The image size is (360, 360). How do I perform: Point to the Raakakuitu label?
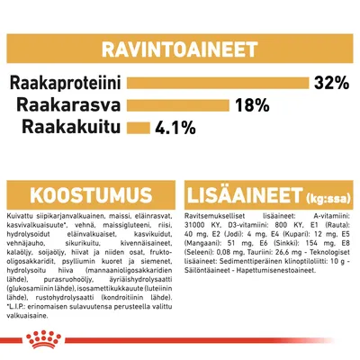76,126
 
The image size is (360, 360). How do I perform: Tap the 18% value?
249,105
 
